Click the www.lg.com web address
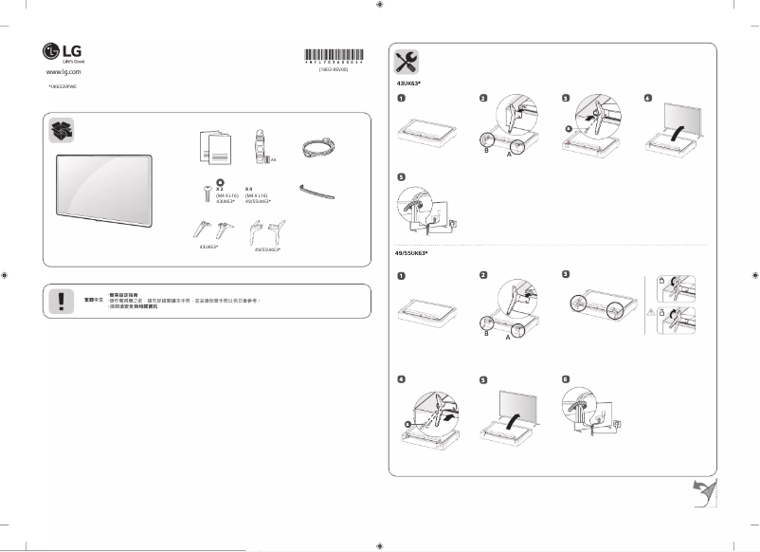tap(62, 71)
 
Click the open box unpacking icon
tap(63, 131)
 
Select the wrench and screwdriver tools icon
tap(407, 63)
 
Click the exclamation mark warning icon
tap(62, 300)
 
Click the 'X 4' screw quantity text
tap(249, 189)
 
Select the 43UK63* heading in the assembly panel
tap(408, 83)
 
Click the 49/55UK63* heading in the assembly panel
tap(412, 253)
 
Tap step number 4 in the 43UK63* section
tap(648, 98)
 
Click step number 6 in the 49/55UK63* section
tap(566, 378)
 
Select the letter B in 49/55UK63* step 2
tap(486, 334)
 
